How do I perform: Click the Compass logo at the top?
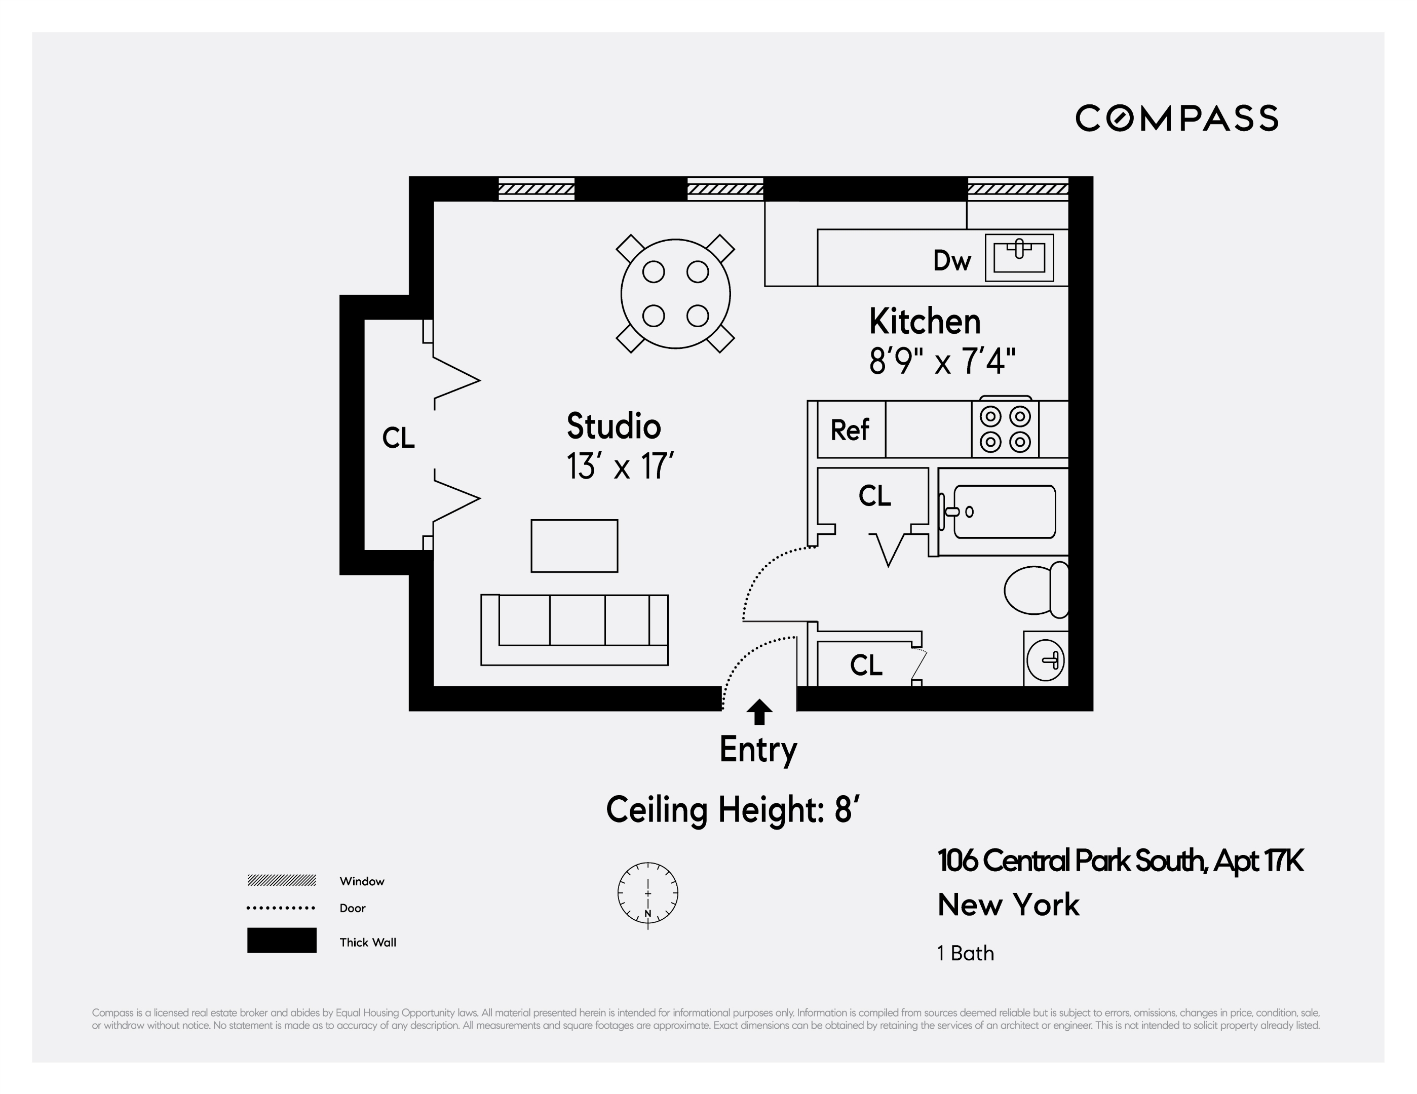click(x=1176, y=119)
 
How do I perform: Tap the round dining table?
click(x=675, y=294)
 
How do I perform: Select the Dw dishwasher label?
click(x=952, y=261)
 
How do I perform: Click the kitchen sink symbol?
click(x=1019, y=257)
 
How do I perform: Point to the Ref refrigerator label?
click(x=849, y=430)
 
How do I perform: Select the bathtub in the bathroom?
click(x=1004, y=512)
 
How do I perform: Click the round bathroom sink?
click(x=1045, y=660)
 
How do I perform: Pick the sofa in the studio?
click(x=574, y=629)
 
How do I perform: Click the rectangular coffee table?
click(x=574, y=545)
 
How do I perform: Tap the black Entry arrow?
click(x=759, y=712)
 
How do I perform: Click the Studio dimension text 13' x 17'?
click(x=620, y=466)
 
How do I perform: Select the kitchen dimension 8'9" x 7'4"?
click(x=941, y=361)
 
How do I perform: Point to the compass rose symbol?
click(x=647, y=893)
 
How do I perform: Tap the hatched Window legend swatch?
click(x=282, y=880)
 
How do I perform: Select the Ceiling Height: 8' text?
click(x=733, y=809)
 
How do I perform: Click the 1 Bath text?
click(x=966, y=953)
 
